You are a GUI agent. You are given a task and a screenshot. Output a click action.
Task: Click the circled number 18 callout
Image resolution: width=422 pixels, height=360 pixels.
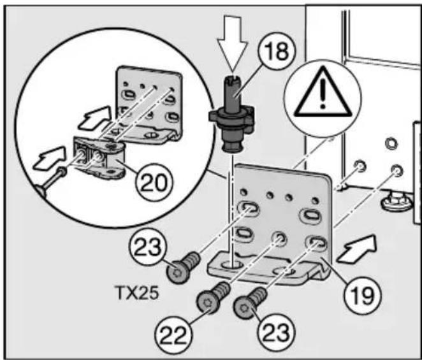click(x=277, y=51)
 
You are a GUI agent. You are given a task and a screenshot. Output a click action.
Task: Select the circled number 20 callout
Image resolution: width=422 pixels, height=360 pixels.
click(x=154, y=182)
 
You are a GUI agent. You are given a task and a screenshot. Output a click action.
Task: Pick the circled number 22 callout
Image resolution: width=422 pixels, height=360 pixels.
click(x=173, y=336)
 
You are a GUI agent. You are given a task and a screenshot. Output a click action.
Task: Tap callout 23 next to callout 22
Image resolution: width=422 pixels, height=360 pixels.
click(x=276, y=333)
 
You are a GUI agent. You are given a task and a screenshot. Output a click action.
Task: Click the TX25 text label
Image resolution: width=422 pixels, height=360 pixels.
click(x=136, y=292)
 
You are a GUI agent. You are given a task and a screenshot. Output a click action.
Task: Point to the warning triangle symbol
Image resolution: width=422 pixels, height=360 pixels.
click(x=323, y=92)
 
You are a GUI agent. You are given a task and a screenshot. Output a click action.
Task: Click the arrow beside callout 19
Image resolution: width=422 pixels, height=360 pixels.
click(x=356, y=248)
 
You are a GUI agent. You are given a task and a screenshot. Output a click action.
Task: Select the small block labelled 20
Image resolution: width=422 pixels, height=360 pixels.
click(x=100, y=157)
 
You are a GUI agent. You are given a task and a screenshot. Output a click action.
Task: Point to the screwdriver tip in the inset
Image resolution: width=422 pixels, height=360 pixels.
click(x=62, y=171)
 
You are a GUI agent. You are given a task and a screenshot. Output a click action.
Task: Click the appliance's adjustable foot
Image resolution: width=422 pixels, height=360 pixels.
click(x=396, y=204)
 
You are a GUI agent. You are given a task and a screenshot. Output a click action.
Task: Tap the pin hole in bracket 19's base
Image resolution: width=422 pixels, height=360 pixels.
click(x=232, y=265)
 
